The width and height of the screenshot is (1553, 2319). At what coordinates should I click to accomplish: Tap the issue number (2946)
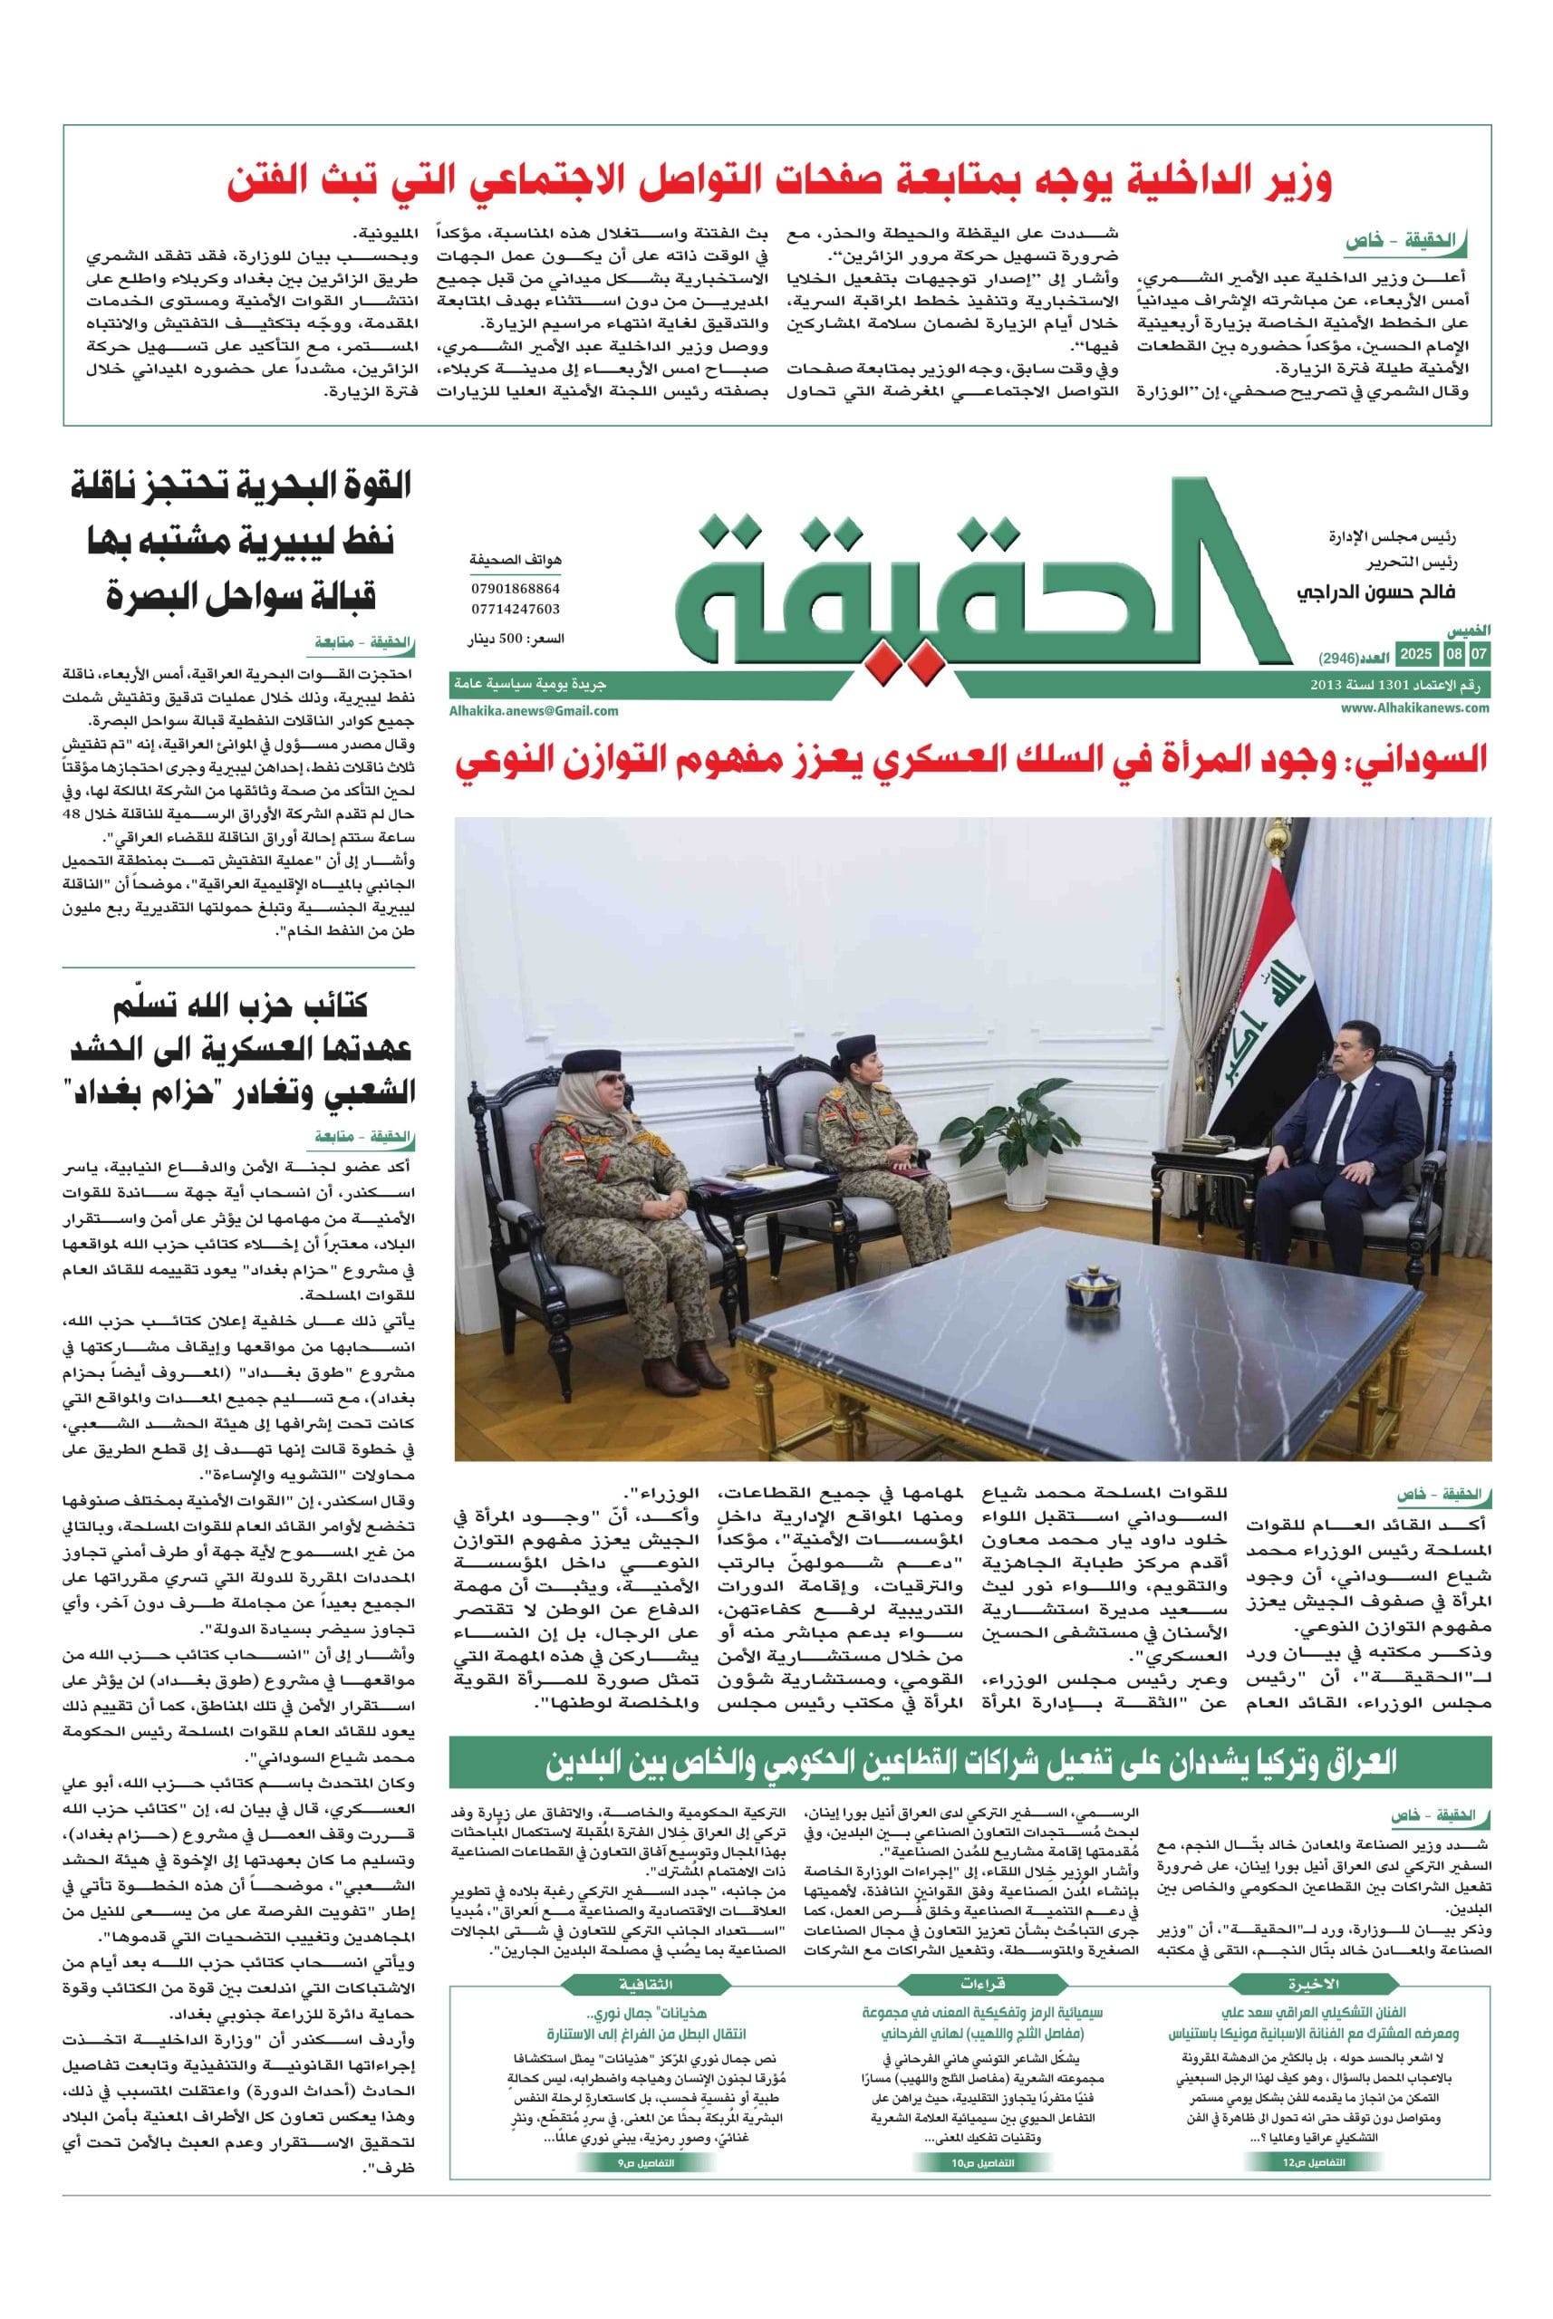point(1342,657)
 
